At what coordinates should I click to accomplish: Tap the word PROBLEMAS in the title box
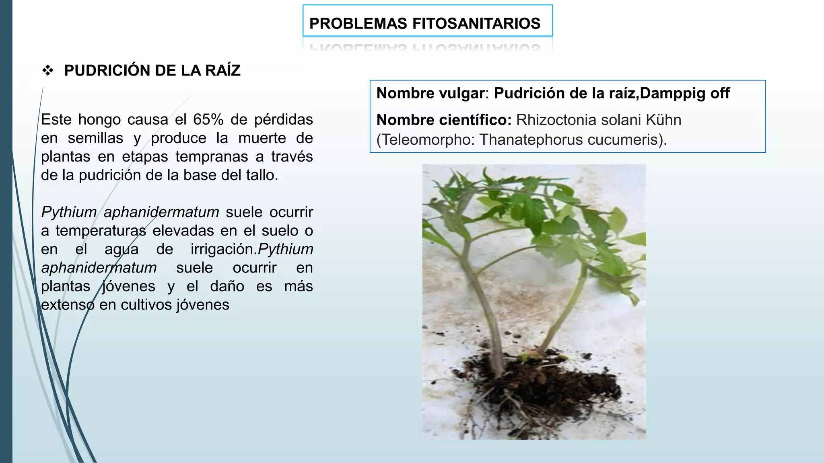(358, 24)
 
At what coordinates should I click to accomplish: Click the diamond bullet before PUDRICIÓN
(48, 71)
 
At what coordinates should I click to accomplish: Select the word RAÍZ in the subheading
(222, 71)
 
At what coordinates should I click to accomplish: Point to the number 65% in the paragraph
(208, 120)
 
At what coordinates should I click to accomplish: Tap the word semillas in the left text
(95, 138)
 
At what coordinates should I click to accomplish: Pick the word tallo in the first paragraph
(260, 175)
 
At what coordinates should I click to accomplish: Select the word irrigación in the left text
(223, 249)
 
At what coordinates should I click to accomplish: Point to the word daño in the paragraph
(227, 286)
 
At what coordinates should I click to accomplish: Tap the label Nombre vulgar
(431, 93)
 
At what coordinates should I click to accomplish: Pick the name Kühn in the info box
(663, 120)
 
